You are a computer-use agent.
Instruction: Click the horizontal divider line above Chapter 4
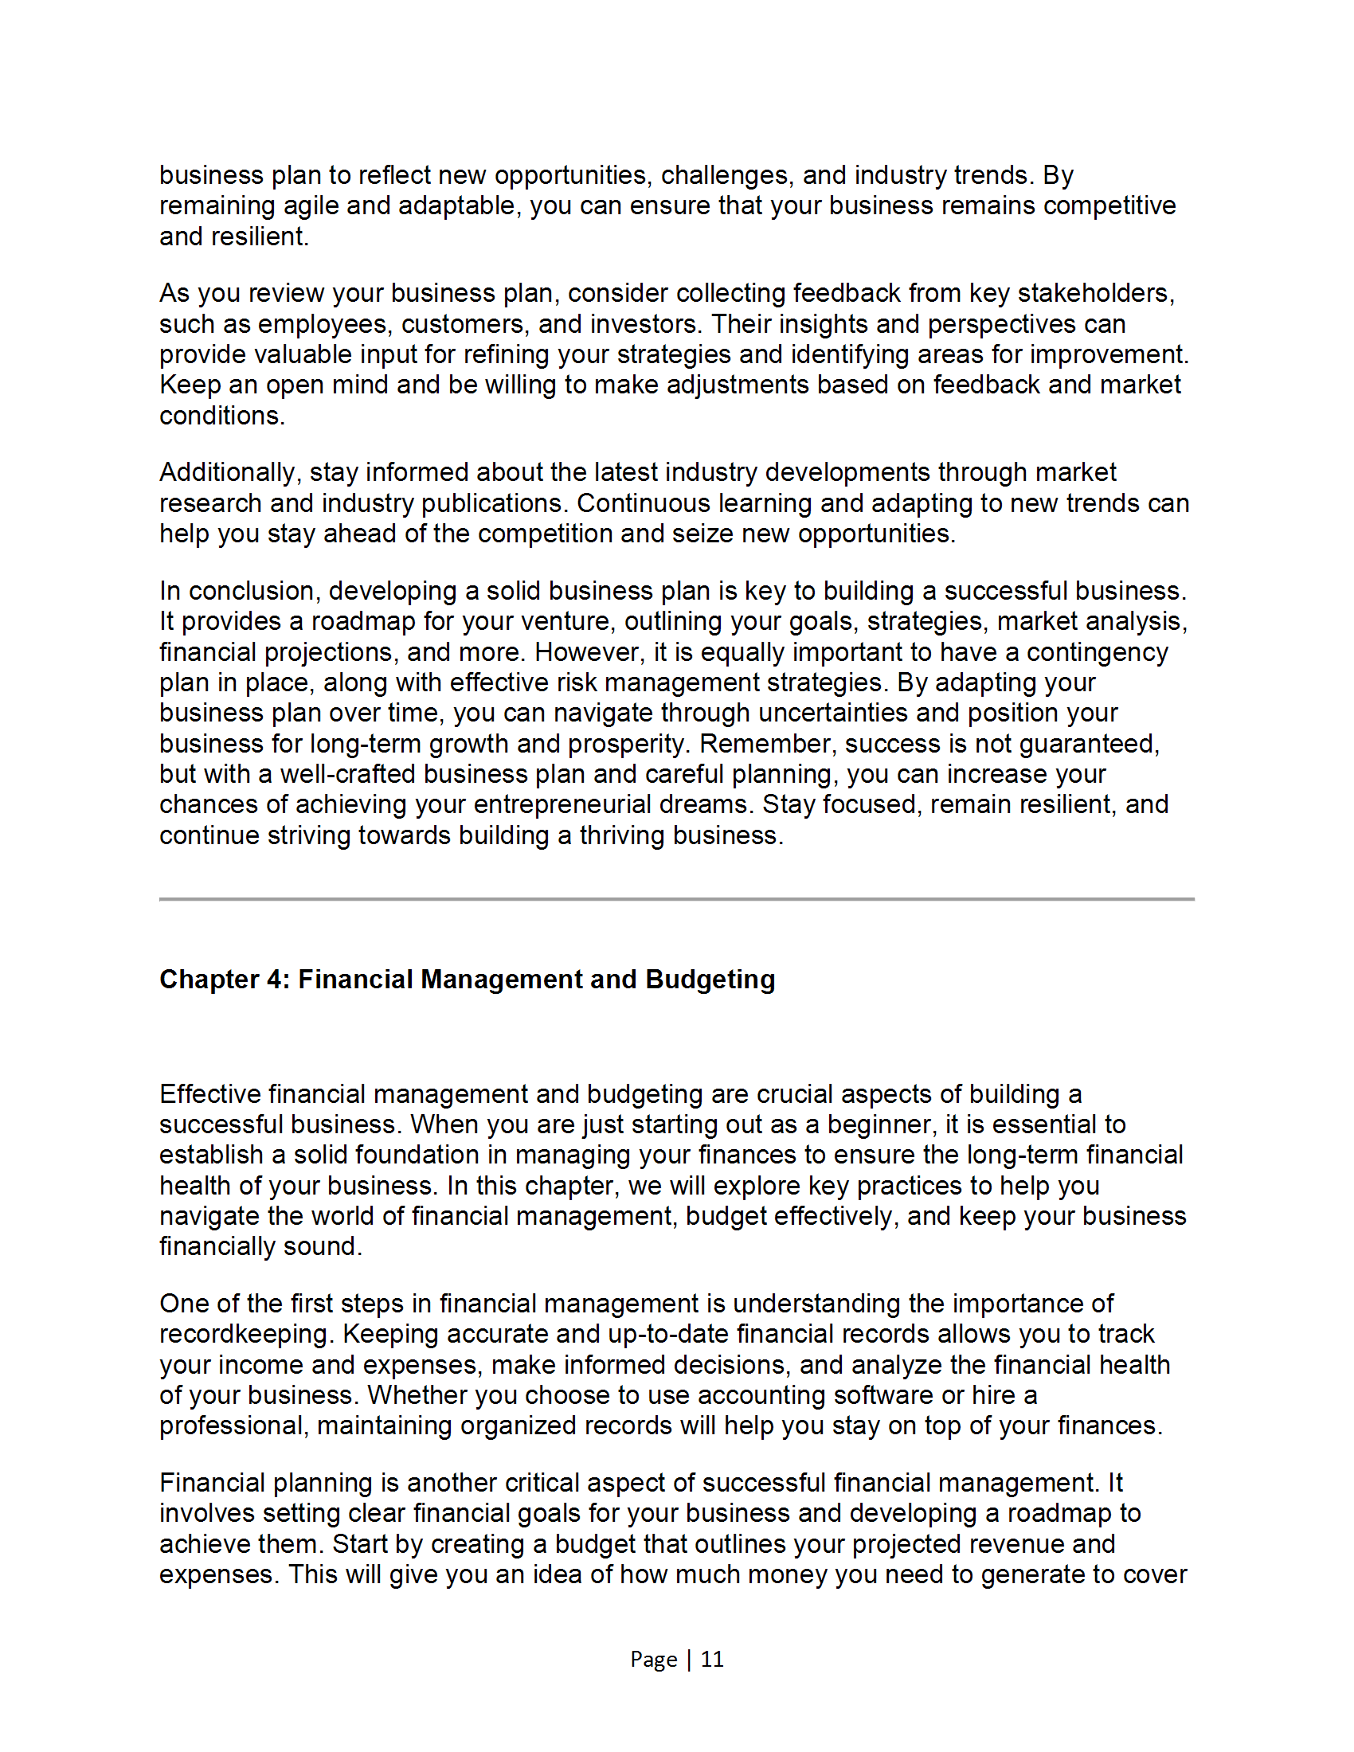[676, 899]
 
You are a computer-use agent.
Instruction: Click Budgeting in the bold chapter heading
[710, 980]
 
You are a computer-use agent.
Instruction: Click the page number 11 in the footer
[712, 1659]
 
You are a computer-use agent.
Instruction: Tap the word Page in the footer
[654, 1659]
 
